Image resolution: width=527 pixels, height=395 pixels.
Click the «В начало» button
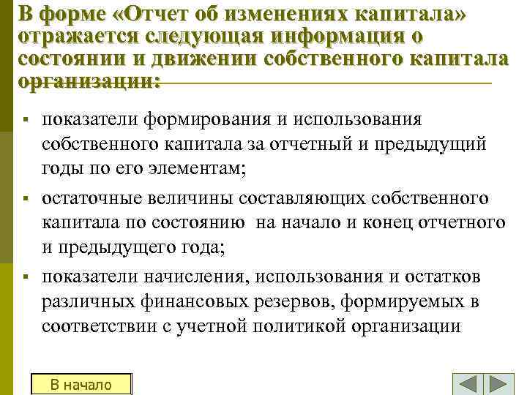click(x=81, y=384)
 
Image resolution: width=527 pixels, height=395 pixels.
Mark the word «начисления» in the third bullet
click(x=187, y=276)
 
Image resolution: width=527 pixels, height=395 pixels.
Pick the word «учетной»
click(x=220, y=326)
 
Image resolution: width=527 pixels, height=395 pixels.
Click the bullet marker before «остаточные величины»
click(x=26, y=199)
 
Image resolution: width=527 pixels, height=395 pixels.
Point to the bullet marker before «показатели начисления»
click(x=26, y=276)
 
